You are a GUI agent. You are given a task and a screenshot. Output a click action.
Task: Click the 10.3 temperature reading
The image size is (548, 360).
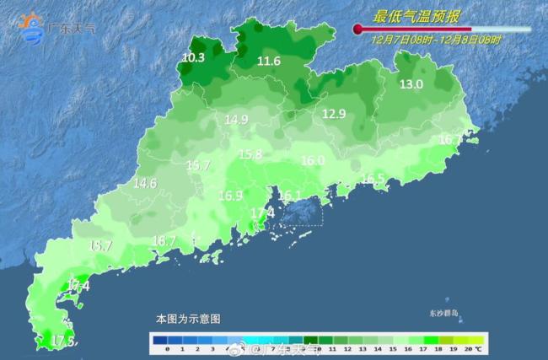pyautogui.click(x=193, y=57)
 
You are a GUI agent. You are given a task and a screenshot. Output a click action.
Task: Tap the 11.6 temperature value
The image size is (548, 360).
pyautogui.click(x=269, y=61)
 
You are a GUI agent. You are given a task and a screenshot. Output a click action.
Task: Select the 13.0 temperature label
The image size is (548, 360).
pyautogui.click(x=411, y=83)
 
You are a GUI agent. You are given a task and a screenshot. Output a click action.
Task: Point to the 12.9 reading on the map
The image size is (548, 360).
pyautogui.click(x=334, y=114)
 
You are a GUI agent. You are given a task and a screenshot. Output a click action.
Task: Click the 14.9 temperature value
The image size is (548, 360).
pyautogui.click(x=235, y=120)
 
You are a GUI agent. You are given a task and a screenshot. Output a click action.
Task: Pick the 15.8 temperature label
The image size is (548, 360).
pyautogui.click(x=250, y=154)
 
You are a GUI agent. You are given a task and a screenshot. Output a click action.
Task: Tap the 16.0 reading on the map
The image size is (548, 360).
pyautogui.click(x=313, y=160)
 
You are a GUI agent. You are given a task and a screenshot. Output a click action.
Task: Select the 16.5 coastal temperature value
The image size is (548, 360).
pyautogui.click(x=373, y=178)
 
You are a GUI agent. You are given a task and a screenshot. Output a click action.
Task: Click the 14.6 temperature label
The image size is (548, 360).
pyautogui.click(x=145, y=183)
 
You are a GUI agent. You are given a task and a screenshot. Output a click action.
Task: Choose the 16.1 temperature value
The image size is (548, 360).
pyautogui.click(x=289, y=196)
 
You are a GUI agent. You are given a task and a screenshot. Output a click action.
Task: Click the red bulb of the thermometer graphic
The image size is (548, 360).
pyautogui.click(x=357, y=30)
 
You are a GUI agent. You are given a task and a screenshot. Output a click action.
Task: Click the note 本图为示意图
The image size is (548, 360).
pyautogui.click(x=187, y=320)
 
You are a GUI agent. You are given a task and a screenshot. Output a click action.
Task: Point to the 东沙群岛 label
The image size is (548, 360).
pyautogui.click(x=442, y=313)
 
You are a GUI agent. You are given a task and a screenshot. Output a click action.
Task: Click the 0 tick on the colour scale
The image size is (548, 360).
pyautogui.click(x=168, y=348)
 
